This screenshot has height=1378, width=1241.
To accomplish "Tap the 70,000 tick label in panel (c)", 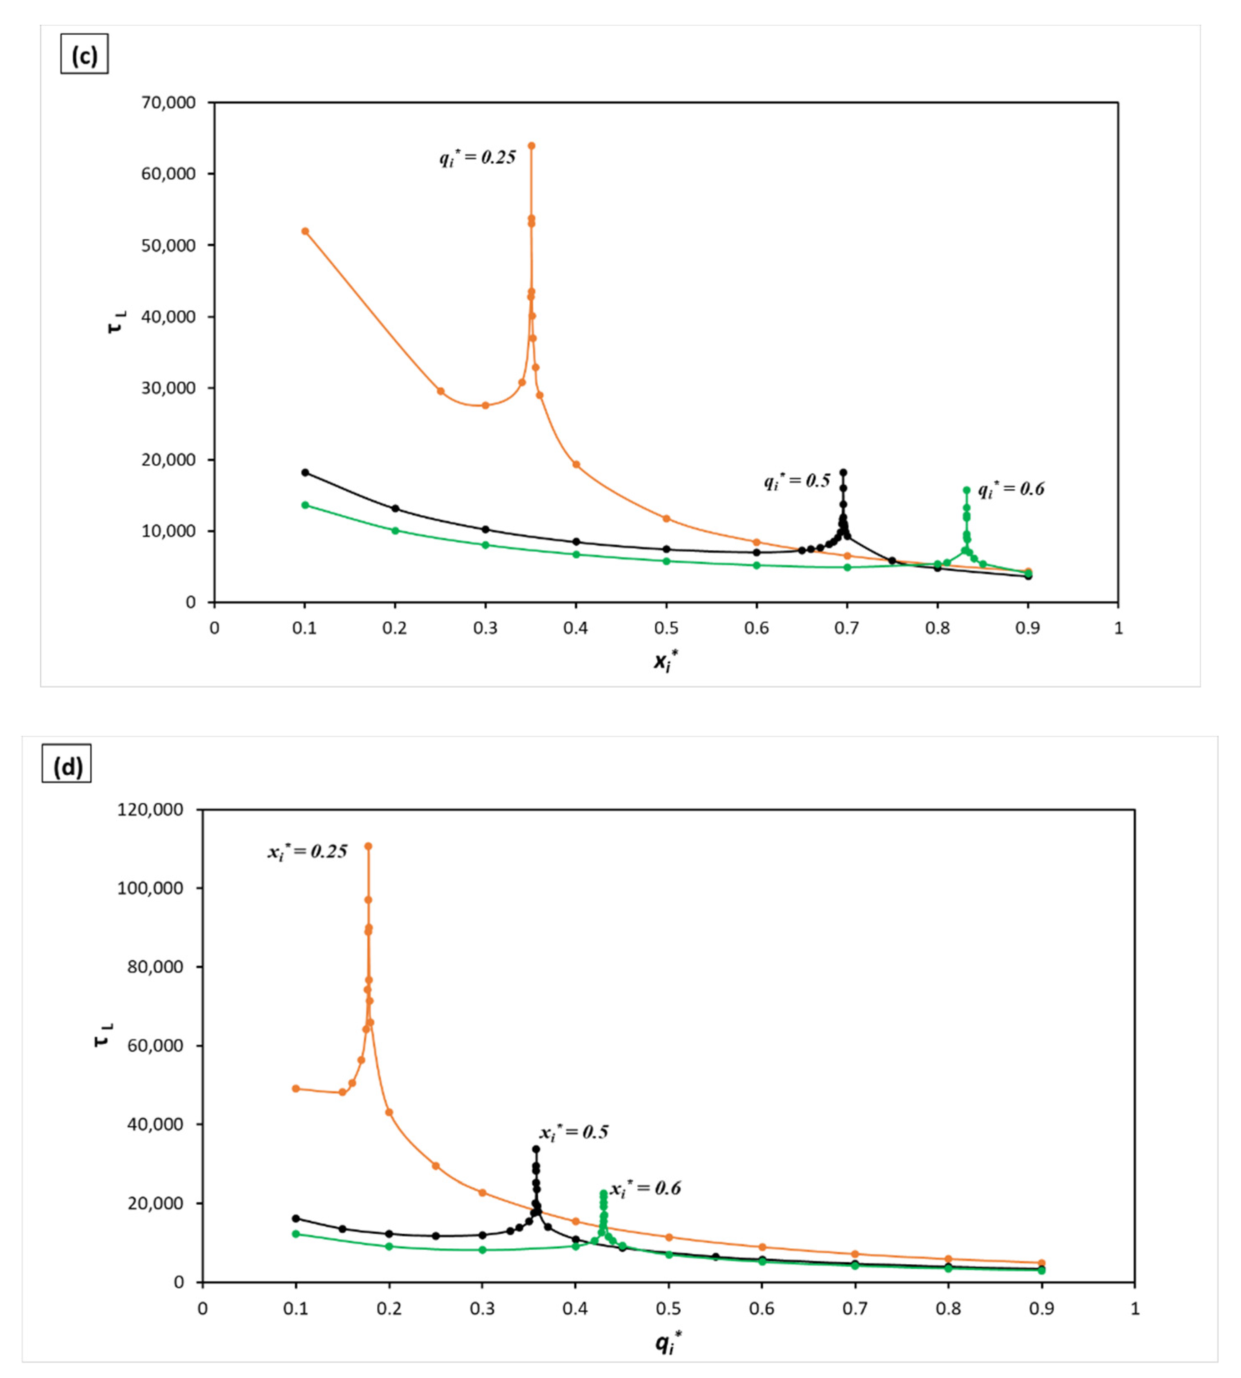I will [x=167, y=103].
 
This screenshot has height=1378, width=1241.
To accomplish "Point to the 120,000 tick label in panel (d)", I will [x=150, y=809].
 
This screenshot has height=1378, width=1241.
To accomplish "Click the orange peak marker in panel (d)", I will [x=368, y=846].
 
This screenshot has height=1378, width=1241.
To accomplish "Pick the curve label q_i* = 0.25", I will [x=478, y=158].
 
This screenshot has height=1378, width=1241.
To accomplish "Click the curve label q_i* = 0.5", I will [x=797, y=481].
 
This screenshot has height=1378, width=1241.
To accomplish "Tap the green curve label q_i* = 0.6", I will [x=1011, y=489].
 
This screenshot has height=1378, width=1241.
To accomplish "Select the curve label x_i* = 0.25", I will [x=307, y=851].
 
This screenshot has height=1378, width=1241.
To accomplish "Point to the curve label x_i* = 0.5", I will [x=574, y=1133].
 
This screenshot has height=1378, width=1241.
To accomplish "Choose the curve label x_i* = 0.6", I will [x=645, y=1189].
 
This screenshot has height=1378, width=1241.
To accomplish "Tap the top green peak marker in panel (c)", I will [x=966, y=490].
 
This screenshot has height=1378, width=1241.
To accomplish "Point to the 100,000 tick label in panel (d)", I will [x=150, y=888].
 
